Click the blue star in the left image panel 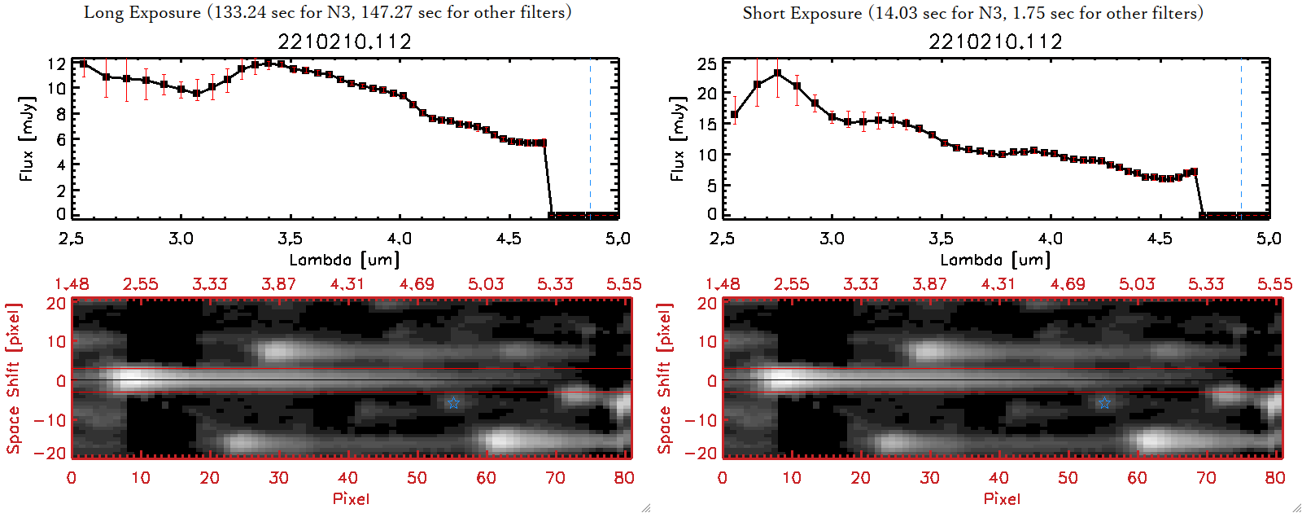point(453,403)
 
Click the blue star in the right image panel point(1104,403)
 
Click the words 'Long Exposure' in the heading point(142,12)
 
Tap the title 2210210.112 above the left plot point(344,42)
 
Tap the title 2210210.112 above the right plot point(995,42)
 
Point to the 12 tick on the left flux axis point(56,64)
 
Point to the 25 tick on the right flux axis point(707,64)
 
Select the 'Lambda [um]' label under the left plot point(344,260)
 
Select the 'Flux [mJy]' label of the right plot point(677,138)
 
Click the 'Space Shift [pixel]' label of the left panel point(14,379)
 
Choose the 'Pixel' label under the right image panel point(1002,498)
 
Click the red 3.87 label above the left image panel point(278,284)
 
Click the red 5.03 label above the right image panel point(1137,284)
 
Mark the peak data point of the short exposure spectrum point(778,73)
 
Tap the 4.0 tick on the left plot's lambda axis point(399,239)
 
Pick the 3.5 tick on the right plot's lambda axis point(941,239)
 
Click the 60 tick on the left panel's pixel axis point(486,478)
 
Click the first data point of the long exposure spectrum point(83,64)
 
